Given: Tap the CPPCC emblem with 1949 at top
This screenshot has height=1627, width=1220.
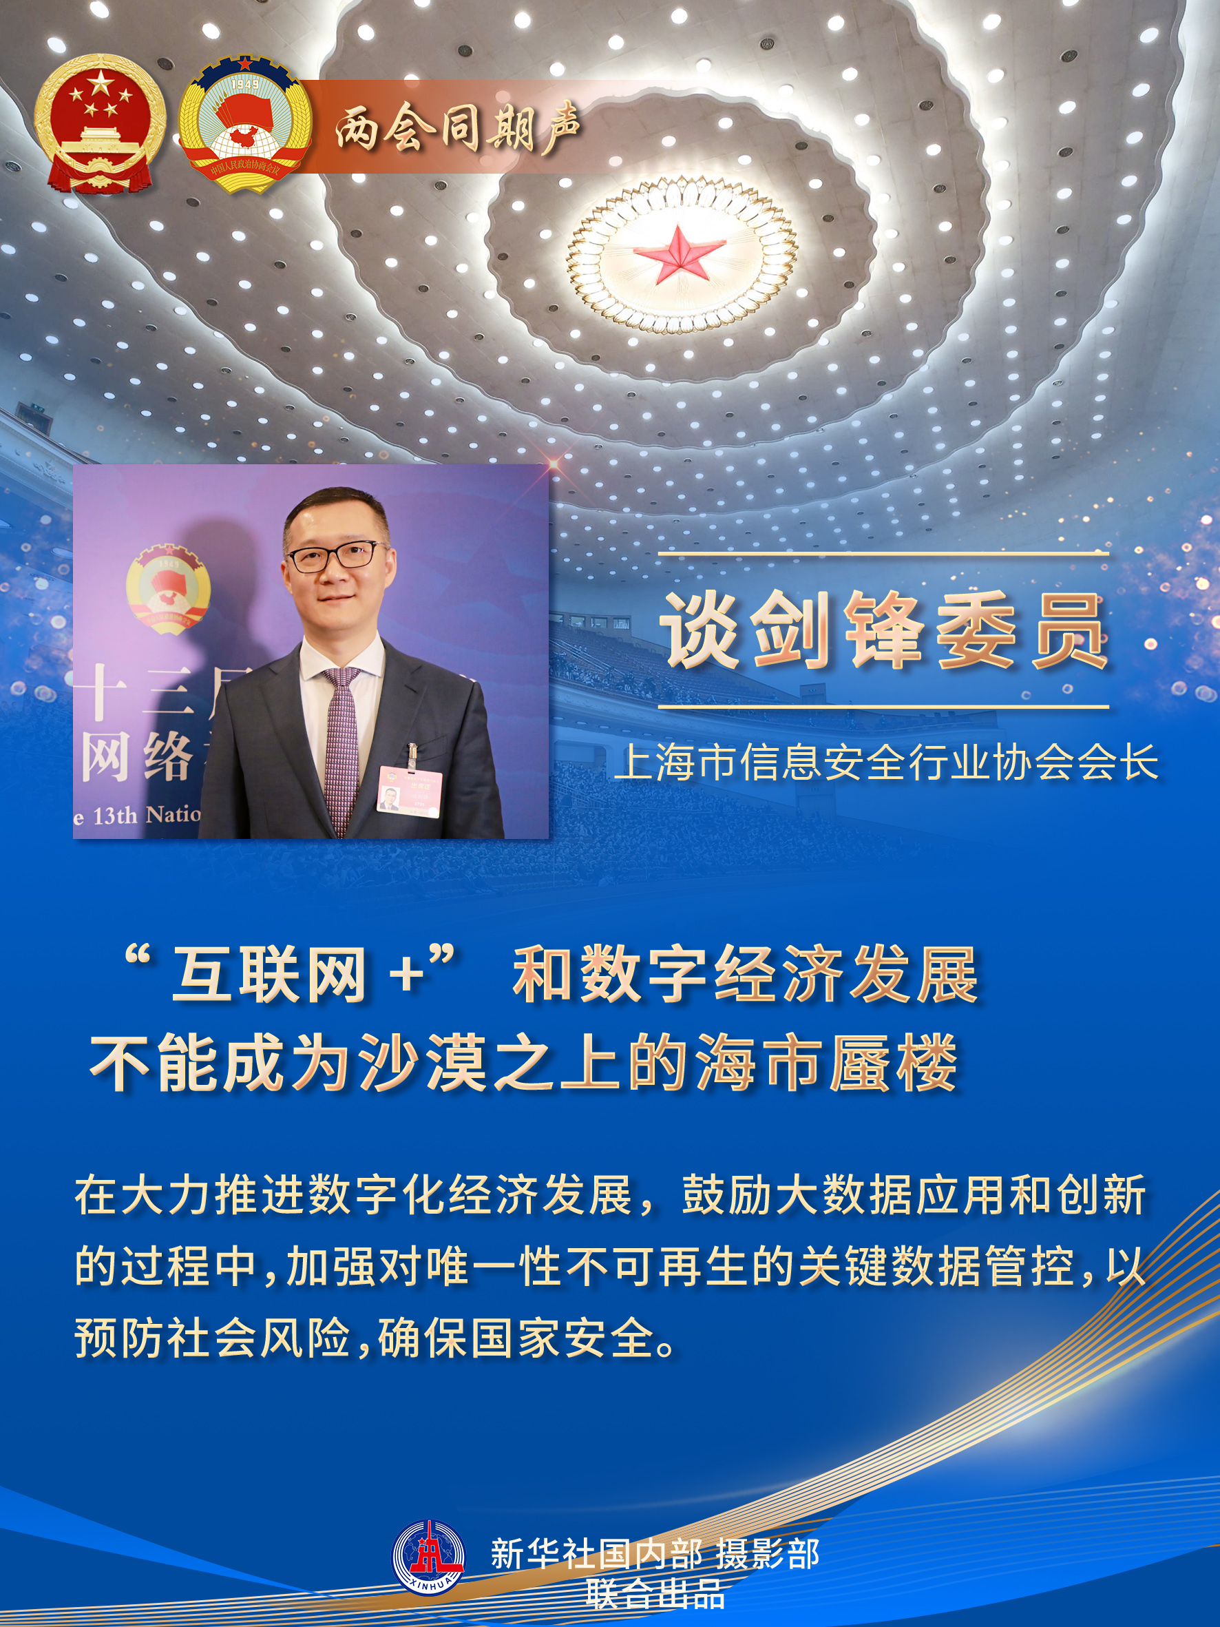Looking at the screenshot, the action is coord(245,125).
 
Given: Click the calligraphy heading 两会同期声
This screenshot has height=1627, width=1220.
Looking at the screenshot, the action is coord(457,129).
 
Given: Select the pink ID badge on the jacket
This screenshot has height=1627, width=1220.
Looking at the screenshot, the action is coord(410,791).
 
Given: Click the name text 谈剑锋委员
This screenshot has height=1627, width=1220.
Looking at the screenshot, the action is coord(885,631).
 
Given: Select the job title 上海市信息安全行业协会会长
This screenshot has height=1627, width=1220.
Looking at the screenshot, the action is coord(886,762).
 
